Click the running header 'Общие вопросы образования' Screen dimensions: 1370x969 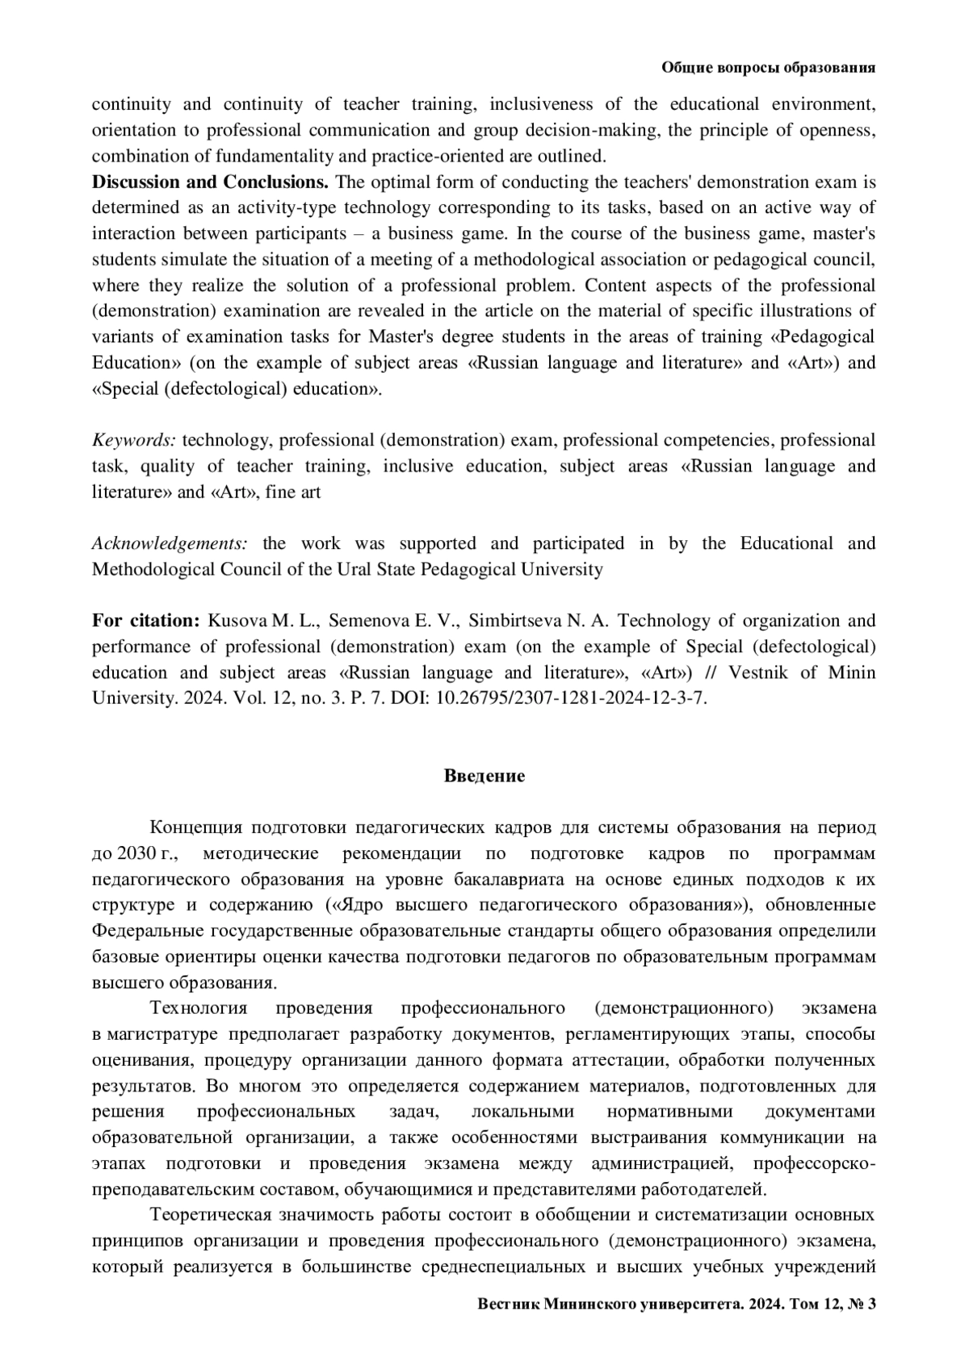pos(768,68)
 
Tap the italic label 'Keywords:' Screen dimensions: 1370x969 pos(133,440)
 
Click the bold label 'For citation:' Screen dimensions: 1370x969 pos(145,621)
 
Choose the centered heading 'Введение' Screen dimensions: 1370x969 pos(484,776)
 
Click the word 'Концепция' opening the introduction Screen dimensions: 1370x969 pos(196,827)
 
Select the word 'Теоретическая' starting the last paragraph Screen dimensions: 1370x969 pos(212,1215)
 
